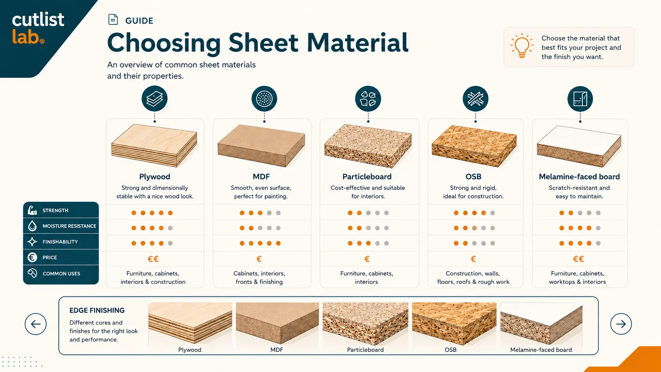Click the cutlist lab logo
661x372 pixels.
(x=38, y=28)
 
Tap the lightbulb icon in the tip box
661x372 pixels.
(x=522, y=46)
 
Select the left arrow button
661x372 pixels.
(x=36, y=324)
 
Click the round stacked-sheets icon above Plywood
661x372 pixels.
(x=154, y=98)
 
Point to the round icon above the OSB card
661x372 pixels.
(x=475, y=98)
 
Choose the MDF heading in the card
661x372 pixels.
(x=261, y=177)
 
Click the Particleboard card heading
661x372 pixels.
(x=367, y=177)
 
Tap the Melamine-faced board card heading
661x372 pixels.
(x=579, y=177)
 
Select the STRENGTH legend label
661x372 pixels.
(x=55, y=210)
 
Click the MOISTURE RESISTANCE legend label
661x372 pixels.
(x=69, y=226)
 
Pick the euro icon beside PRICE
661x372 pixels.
(x=32, y=257)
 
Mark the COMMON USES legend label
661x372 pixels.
(x=61, y=274)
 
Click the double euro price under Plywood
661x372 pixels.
(x=153, y=259)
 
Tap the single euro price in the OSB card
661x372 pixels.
(x=473, y=259)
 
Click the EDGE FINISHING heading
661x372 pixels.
(x=97, y=310)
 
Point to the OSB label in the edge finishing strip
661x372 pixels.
(x=451, y=349)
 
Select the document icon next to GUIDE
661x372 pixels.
(x=113, y=19)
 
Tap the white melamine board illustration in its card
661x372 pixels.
(x=579, y=146)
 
